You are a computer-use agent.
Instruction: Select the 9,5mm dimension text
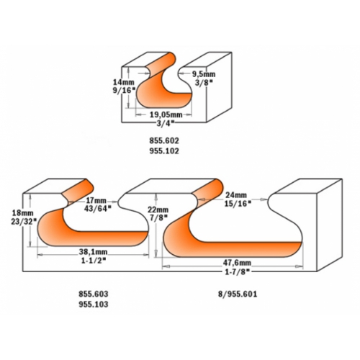click(204, 74)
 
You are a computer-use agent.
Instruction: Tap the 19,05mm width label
click(166, 114)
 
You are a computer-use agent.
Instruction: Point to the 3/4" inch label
click(165, 123)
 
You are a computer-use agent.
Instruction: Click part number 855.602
click(164, 140)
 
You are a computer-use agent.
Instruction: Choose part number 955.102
click(164, 151)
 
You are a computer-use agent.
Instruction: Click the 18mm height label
click(23, 213)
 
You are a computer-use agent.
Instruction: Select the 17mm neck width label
click(96, 200)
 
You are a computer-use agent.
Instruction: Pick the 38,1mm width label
click(93, 252)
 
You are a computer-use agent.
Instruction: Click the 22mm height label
click(158, 210)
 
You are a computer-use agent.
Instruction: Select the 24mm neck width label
click(236, 195)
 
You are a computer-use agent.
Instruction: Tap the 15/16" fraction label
click(238, 204)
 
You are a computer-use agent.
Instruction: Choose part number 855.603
click(94, 294)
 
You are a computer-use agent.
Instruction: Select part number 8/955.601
click(238, 294)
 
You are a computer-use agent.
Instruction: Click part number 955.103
click(94, 305)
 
